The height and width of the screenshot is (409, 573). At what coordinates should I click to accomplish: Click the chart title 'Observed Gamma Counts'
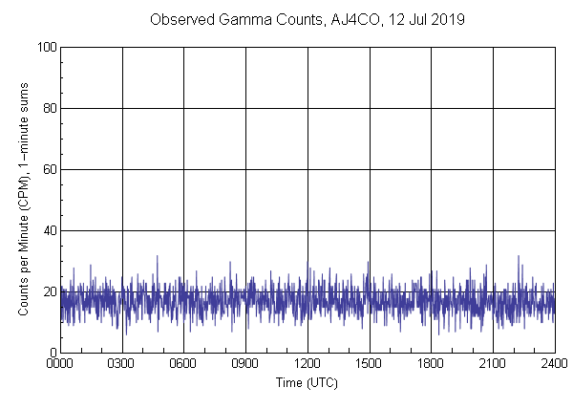click(x=226, y=19)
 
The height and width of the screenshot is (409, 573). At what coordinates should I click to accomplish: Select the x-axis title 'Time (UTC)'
click(x=307, y=382)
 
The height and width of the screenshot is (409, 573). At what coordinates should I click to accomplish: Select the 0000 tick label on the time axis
click(x=60, y=365)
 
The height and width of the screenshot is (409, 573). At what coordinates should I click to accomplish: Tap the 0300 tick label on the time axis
click(x=122, y=365)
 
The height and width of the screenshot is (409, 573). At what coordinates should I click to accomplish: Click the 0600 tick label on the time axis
click(x=183, y=365)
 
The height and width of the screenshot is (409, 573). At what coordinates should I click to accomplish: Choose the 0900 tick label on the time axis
click(x=245, y=365)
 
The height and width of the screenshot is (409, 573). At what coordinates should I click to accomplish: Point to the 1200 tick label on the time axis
click(x=308, y=365)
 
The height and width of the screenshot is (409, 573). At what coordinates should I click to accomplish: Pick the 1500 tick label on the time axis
click(x=369, y=365)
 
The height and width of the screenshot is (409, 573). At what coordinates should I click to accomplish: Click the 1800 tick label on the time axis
click(x=431, y=365)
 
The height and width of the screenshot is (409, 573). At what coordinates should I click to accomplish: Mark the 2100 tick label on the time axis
click(x=493, y=365)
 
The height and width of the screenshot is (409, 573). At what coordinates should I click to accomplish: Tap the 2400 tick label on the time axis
click(x=554, y=365)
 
